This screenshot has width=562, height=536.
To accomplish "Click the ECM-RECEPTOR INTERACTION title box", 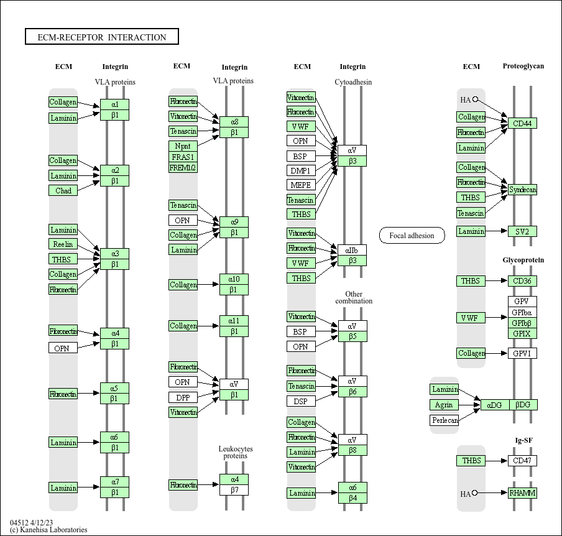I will (102, 37).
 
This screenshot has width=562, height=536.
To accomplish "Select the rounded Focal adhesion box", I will (412, 235).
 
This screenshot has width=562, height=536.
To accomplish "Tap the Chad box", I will (63, 190).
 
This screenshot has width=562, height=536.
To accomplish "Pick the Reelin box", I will (63, 244).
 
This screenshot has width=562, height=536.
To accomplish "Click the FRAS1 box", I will (183, 157).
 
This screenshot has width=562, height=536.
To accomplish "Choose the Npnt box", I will (183, 146).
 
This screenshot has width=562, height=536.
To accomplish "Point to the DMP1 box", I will (301, 170).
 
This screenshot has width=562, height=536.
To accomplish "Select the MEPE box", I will (301, 185).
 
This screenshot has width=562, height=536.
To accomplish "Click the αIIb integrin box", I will (352, 250).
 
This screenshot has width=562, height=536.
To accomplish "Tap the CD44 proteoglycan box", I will (522, 123).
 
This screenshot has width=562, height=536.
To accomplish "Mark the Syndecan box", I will (522, 190).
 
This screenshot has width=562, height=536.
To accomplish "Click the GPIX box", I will (522, 333).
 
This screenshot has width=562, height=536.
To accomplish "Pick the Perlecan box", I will (445, 420).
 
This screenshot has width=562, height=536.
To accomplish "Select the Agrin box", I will (445, 405).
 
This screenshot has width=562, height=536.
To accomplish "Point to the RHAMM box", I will (522, 493).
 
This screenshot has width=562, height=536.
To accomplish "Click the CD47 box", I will (522, 461).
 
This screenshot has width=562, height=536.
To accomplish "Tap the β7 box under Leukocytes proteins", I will (234, 490).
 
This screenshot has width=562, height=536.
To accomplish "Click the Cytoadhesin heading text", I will (353, 82).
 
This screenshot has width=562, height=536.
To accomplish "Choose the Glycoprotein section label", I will (523, 260).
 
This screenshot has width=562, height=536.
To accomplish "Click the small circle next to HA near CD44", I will (476, 99).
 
